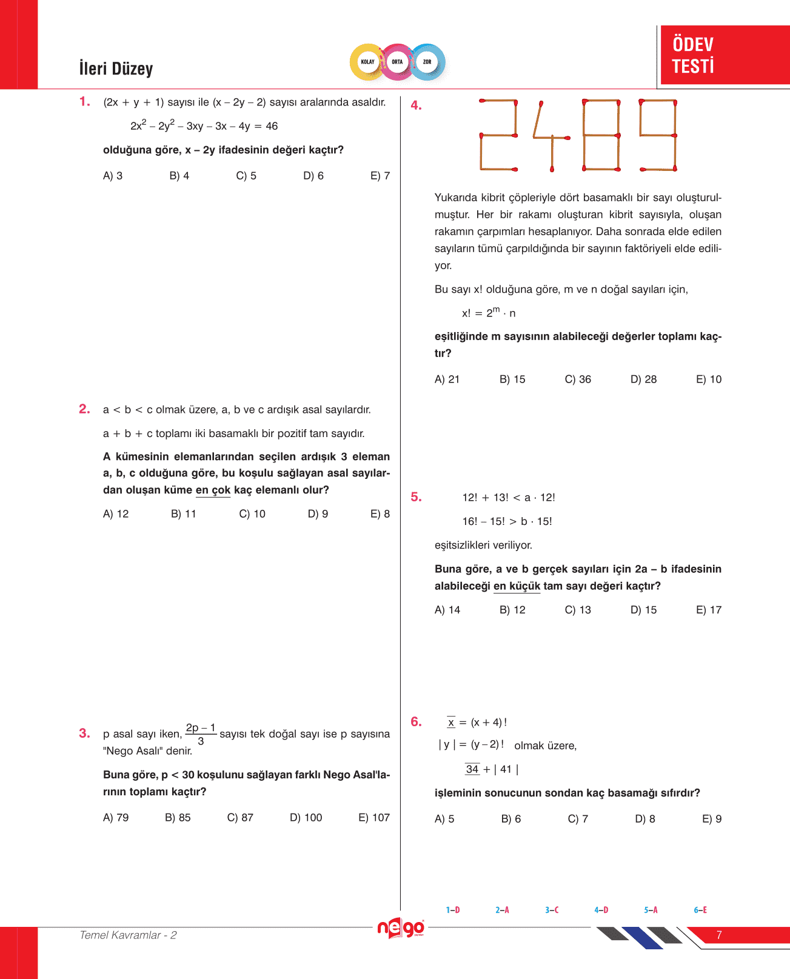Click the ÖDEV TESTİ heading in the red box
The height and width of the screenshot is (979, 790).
point(693,55)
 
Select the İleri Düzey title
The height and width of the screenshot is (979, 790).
point(116,68)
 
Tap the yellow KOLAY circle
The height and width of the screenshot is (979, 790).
point(367,62)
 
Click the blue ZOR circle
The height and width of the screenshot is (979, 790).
point(427,62)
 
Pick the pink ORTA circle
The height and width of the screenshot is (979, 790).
point(397,62)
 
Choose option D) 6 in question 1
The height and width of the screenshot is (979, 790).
point(313,176)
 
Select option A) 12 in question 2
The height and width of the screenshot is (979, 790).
point(116,514)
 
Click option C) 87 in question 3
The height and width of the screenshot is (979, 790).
point(240,818)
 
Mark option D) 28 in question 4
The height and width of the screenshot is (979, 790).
point(643,379)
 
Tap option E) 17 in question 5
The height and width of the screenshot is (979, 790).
point(708,610)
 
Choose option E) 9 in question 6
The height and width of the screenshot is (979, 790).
point(711,819)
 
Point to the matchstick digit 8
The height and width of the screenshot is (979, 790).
point(601,135)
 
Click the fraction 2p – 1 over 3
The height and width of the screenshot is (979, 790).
point(201,734)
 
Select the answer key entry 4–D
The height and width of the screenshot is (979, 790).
point(601,910)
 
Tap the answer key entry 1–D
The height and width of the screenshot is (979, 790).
point(453,910)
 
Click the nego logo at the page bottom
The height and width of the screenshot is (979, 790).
point(400,928)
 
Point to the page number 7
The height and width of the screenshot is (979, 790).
point(719,935)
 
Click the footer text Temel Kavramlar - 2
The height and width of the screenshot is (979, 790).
point(128,935)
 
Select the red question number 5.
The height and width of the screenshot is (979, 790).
point(416,497)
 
